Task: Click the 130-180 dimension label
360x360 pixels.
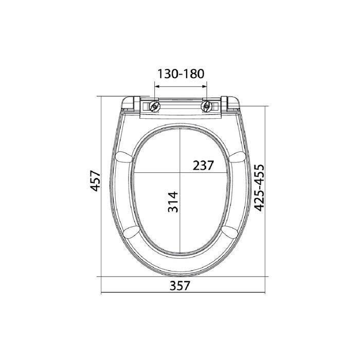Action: [181, 74]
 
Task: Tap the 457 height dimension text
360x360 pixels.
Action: [95, 181]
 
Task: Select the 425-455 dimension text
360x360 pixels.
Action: [260, 188]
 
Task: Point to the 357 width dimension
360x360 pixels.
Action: [180, 286]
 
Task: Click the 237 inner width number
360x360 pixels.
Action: [203, 165]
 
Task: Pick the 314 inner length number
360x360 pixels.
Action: [173, 202]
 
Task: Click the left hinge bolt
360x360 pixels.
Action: [154, 106]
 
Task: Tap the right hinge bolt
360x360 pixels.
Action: [207, 106]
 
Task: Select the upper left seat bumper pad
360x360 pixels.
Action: [124, 157]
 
